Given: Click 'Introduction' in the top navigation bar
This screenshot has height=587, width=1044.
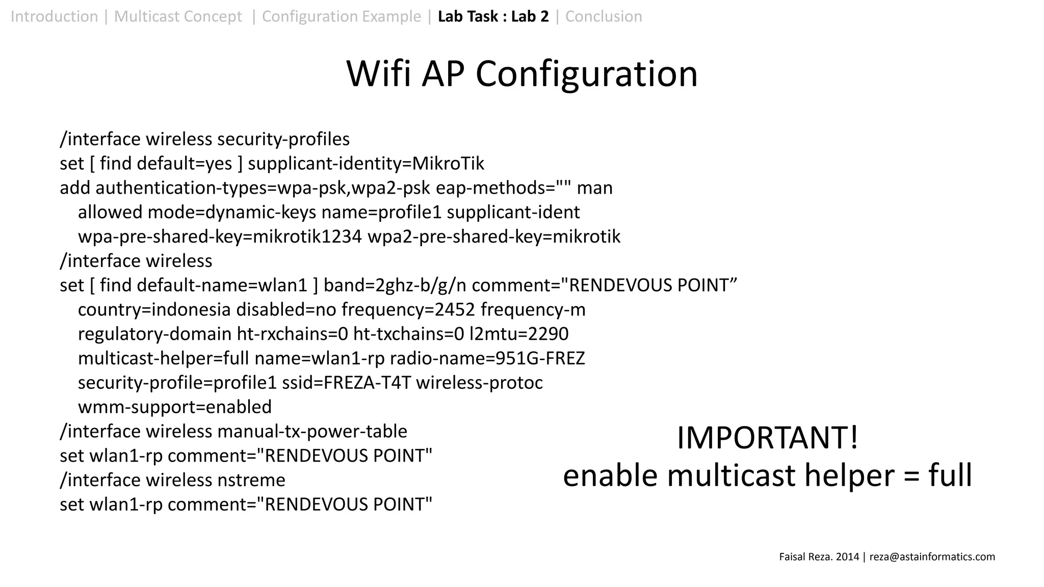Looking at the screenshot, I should click(x=54, y=17).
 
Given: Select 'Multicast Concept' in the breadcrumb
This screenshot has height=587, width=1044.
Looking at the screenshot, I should click(x=178, y=17).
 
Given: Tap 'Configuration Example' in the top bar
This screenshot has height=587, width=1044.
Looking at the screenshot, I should click(x=341, y=17).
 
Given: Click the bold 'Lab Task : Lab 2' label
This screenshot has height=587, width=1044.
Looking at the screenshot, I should click(x=493, y=17).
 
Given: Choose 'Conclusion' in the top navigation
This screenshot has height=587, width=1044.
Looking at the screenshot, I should click(x=604, y=17).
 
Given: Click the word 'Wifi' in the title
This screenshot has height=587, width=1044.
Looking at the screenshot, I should click(x=378, y=74).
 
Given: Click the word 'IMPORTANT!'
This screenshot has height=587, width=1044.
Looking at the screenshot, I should click(x=767, y=438).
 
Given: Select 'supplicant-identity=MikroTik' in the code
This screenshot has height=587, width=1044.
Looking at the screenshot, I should click(x=366, y=164).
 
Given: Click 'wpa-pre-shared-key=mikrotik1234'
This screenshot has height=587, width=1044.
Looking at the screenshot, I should click(x=220, y=237).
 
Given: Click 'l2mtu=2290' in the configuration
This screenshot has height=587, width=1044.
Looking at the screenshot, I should click(x=519, y=334).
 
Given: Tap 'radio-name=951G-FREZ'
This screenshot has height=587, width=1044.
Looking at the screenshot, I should click(x=487, y=359).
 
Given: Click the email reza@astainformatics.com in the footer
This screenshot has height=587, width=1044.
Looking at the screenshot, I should click(x=932, y=557).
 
